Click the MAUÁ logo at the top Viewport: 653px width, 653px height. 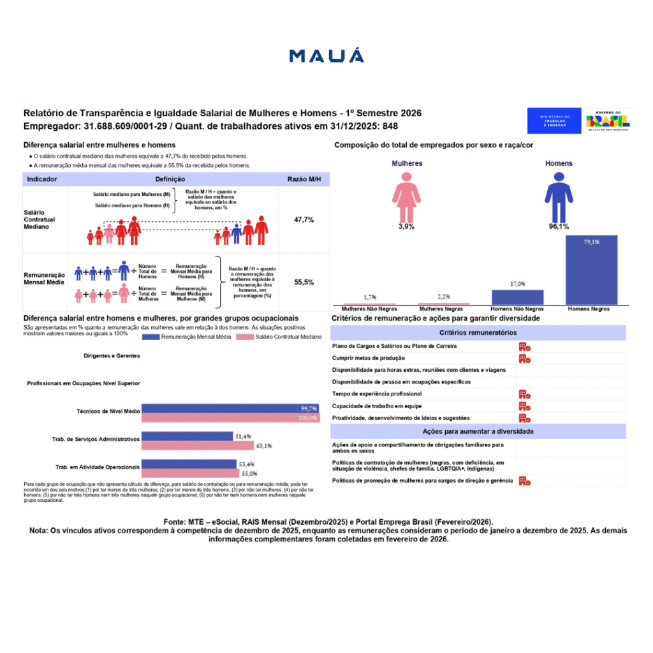[326, 55]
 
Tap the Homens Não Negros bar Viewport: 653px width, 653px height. [517, 297]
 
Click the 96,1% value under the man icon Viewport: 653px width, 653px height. [559, 226]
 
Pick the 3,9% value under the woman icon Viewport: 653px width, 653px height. [406, 226]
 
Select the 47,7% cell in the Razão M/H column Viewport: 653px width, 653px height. [304, 219]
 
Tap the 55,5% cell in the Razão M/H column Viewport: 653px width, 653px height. [304, 282]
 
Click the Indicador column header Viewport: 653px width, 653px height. [43, 180]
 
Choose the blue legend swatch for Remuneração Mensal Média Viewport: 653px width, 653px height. [150, 337]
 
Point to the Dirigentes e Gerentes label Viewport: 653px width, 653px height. [112, 356]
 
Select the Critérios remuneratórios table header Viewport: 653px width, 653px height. [478, 332]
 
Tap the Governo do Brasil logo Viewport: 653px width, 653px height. [608, 120]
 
